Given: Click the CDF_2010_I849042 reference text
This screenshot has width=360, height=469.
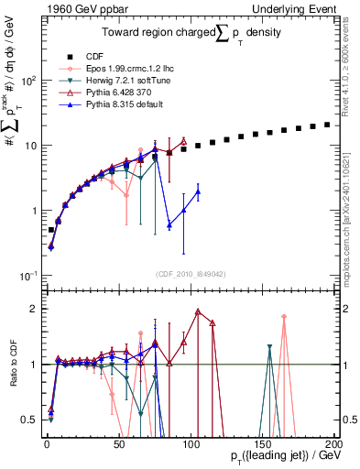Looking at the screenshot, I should pyautogui.click(x=190, y=272).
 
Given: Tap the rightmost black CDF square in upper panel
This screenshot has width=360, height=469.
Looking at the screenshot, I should pyautogui.click(x=327, y=125).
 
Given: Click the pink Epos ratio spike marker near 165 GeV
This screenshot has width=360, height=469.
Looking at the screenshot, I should pyautogui.click(x=284, y=317).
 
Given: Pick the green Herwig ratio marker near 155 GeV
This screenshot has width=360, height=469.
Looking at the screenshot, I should pyautogui.click(x=269, y=347).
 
